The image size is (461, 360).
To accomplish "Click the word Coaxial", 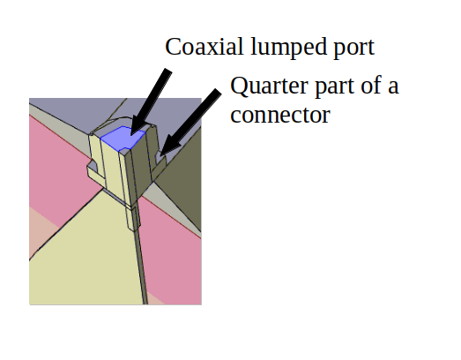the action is click(x=204, y=47).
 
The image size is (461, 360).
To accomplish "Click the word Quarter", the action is click(x=269, y=86).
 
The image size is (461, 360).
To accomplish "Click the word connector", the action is click(x=280, y=116).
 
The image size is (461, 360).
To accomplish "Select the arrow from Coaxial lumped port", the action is click(x=150, y=102).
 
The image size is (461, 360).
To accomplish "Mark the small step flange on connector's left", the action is click(x=94, y=171).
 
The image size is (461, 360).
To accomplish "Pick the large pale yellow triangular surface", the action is click(x=88, y=259).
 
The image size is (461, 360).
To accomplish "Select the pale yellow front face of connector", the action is click(x=110, y=168).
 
